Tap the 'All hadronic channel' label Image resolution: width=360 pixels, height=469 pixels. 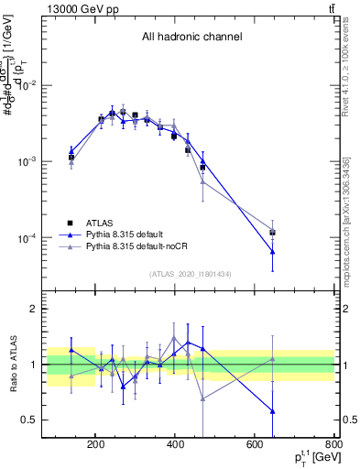(x=191, y=38)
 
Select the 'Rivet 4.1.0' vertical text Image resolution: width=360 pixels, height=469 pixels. (x=349, y=64)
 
